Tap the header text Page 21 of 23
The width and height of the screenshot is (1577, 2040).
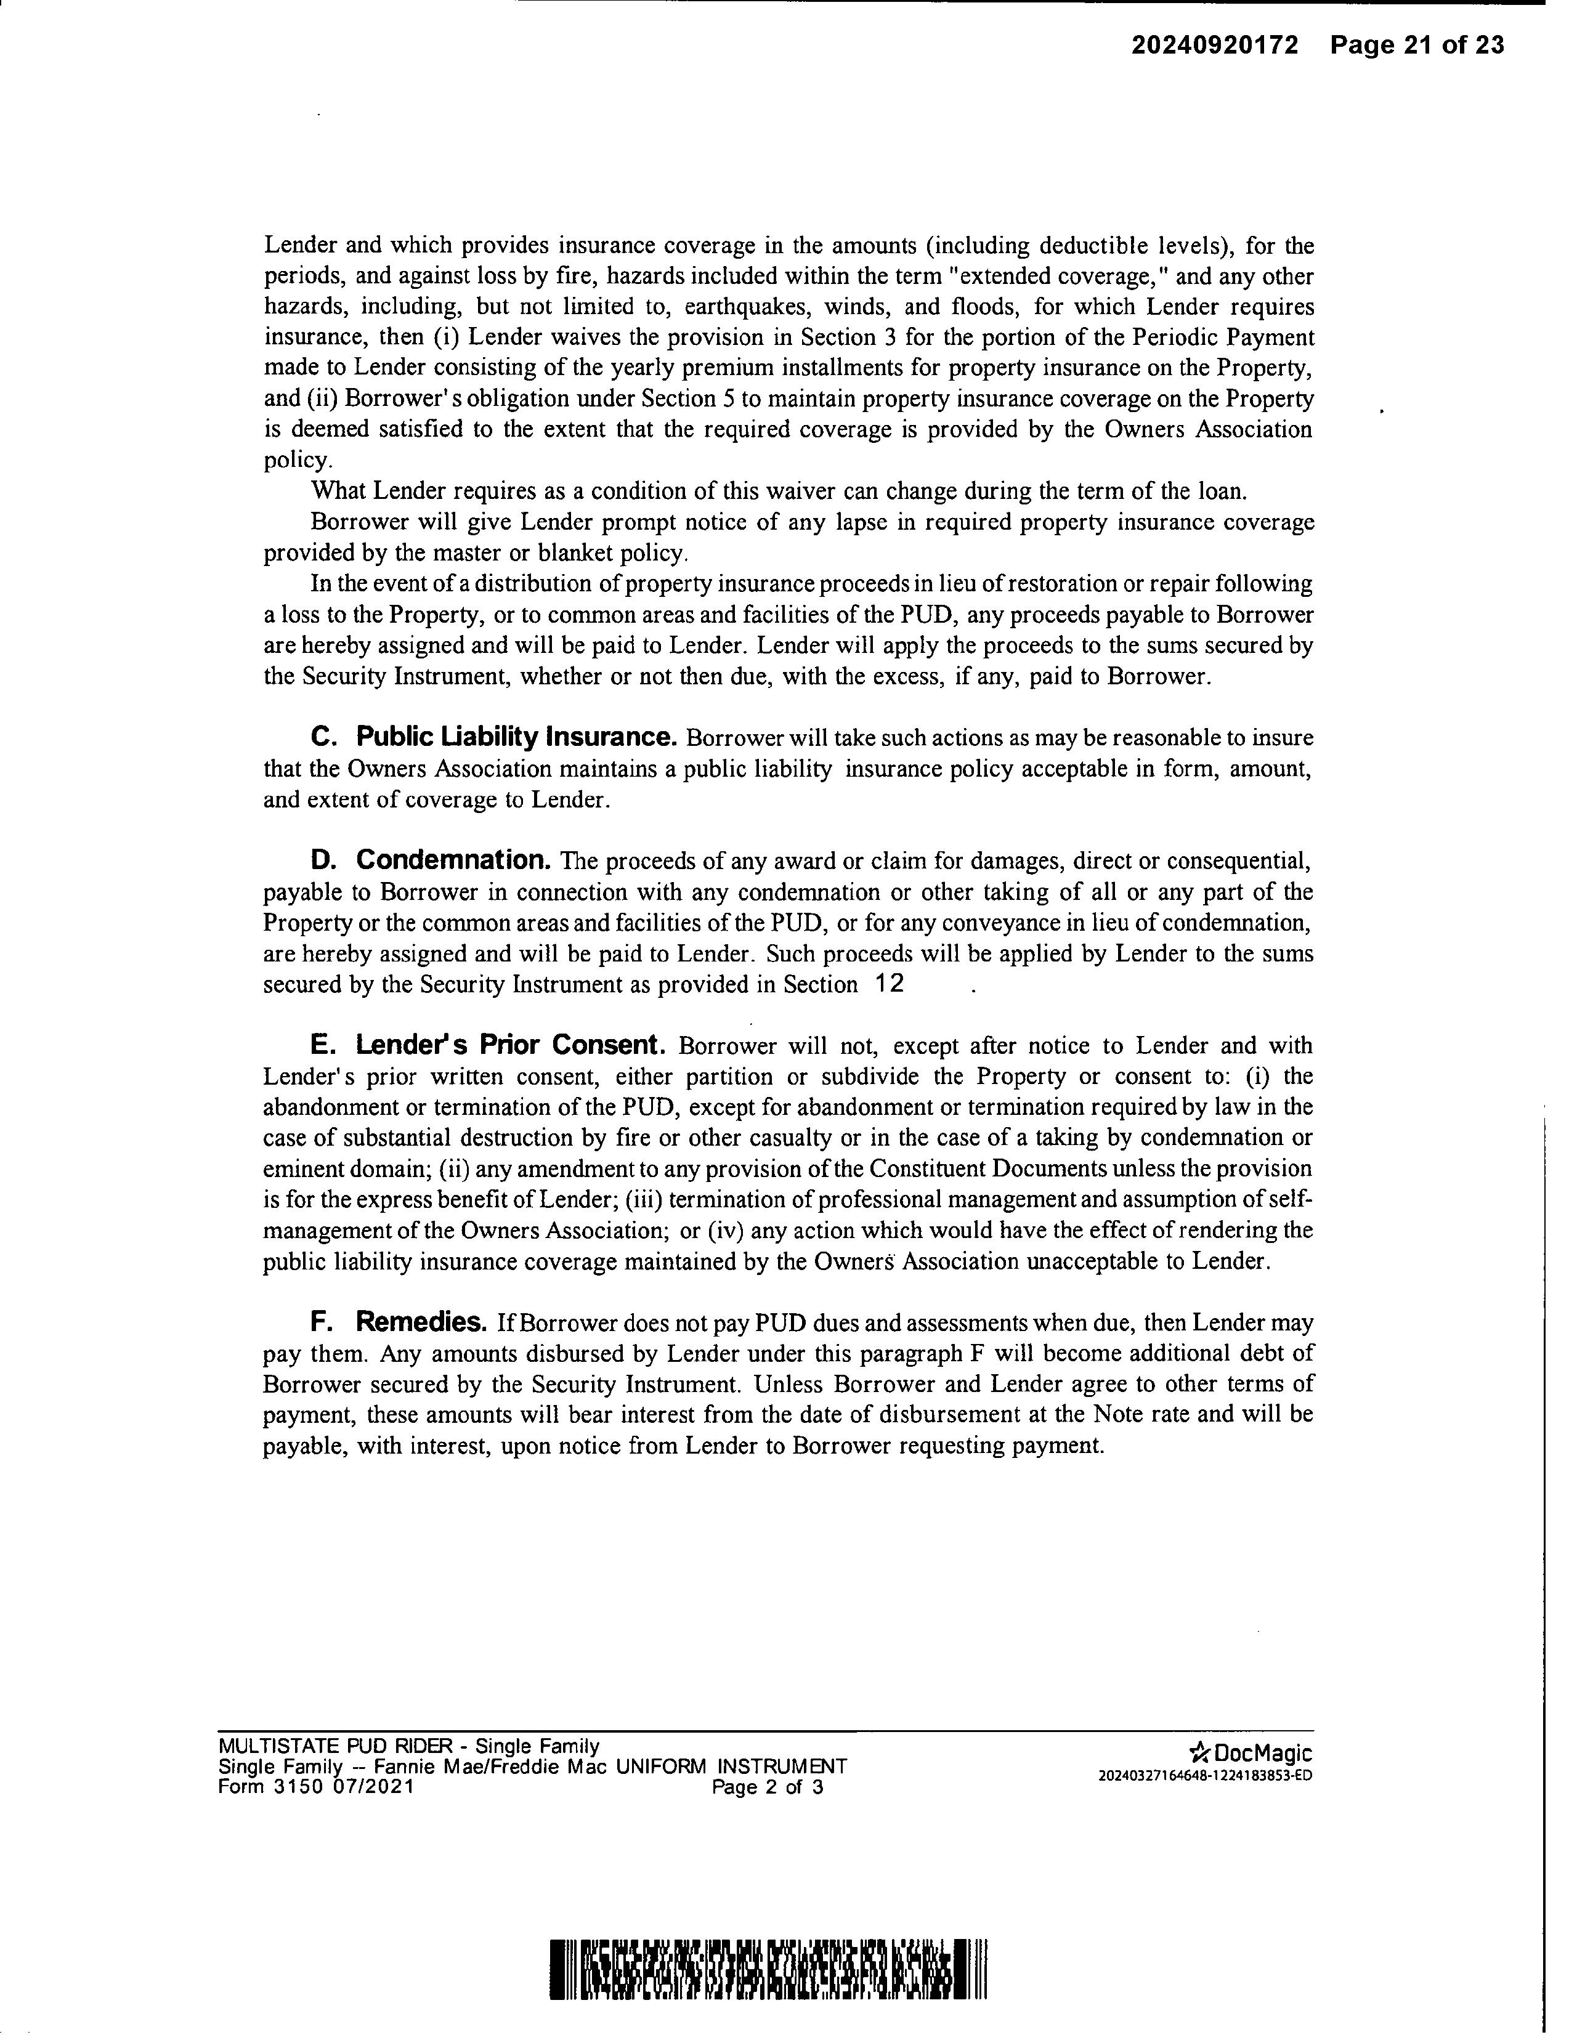1417,45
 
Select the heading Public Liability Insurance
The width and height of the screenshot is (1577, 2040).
516,737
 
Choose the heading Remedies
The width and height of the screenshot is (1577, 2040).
420,1322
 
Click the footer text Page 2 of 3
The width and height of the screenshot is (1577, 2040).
767,1789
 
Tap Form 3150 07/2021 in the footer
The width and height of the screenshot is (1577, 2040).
316,1787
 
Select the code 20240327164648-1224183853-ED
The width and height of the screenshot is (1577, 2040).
1205,1776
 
